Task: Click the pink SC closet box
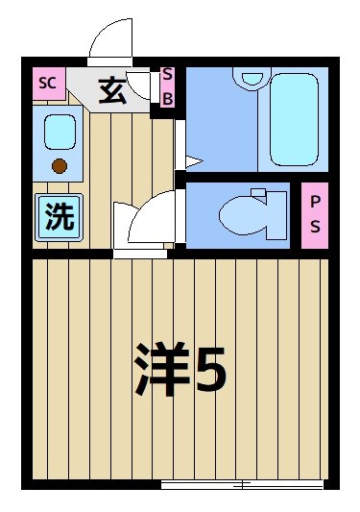tap(46, 83)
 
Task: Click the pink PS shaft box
tap(315, 216)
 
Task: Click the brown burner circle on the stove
tap(60, 165)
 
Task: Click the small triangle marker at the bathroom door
tap(191, 160)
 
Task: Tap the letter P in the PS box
tap(315, 202)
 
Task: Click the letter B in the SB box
tap(167, 97)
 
